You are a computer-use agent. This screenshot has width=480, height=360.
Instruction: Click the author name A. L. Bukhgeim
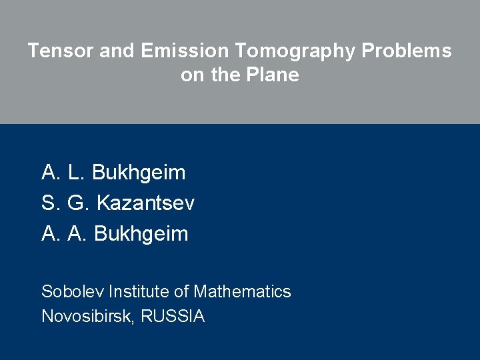(x=113, y=173)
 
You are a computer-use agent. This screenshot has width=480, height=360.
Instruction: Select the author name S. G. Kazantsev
(x=118, y=203)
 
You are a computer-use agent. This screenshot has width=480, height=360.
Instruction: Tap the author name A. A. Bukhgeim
(x=115, y=234)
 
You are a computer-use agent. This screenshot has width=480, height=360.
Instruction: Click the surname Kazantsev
(x=145, y=203)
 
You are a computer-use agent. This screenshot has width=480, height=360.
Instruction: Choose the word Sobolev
(x=73, y=291)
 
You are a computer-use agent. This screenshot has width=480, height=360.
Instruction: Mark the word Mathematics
(x=242, y=291)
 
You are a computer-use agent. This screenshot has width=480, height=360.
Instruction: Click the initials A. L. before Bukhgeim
(x=63, y=173)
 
